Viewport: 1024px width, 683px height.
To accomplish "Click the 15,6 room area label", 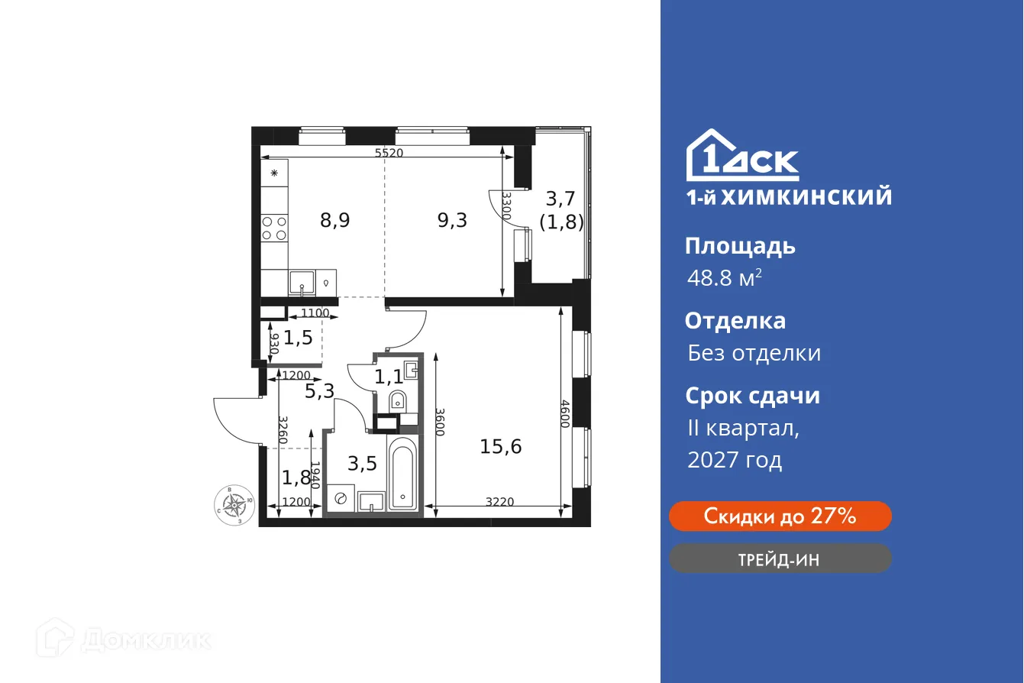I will (x=500, y=446).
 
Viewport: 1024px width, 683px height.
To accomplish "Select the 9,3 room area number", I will (x=451, y=221).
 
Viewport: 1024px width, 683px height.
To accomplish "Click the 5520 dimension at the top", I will (x=389, y=153).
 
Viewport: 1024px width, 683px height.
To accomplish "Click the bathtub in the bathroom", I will (x=402, y=474).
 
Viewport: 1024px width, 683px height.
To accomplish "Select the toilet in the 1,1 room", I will (x=398, y=400).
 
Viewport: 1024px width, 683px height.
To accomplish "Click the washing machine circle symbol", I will (x=341, y=499).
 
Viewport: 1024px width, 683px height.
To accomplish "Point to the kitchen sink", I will (x=302, y=283).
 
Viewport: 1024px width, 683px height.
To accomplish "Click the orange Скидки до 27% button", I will (x=780, y=516).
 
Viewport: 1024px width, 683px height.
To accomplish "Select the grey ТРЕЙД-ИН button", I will (x=780, y=559).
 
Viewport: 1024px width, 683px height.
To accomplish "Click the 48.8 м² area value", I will (x=724, y=278).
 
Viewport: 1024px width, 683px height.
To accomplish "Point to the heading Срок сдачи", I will (x=752, y=396).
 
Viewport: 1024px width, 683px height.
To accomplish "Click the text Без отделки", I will (x=754, y=353).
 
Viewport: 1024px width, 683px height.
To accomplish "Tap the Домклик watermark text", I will (x=145, y=639).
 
